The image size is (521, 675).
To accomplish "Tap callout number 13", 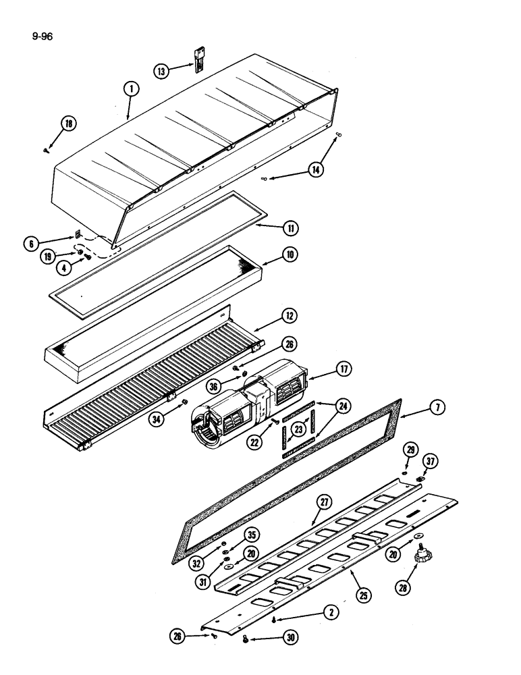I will [x=161, y=70].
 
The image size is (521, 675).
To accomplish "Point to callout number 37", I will [x=429, y=460].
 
